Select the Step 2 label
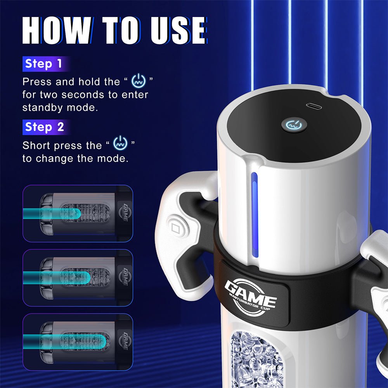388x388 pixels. (44, 127)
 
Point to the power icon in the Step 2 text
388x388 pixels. (120, 144)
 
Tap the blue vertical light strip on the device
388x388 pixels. (254, 214)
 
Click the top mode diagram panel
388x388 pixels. (78, 213)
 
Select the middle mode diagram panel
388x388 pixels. (78, 277)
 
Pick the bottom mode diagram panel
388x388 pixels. (78, 340)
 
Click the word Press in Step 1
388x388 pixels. (37, 82)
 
